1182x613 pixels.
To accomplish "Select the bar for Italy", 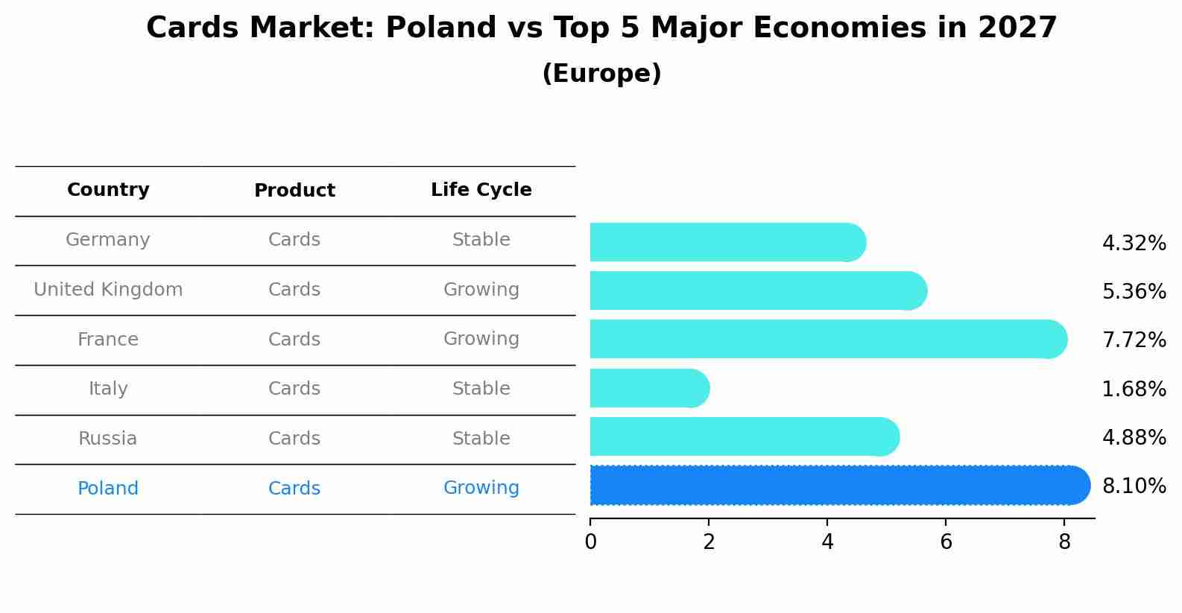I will click(648, 388).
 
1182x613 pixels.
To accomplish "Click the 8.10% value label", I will click(1134, 486).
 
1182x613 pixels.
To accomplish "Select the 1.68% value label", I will click(1134, 389).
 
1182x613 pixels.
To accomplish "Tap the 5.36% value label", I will click(1134, 291).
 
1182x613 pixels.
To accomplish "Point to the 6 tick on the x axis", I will click(946, 542).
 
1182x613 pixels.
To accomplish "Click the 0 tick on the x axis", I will click(591, 542).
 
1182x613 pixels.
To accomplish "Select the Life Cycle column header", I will click(481, 190).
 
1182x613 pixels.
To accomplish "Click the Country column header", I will click(108, 190).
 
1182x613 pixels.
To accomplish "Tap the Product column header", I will click(294, 191).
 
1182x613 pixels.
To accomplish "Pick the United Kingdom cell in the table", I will click(108, 290).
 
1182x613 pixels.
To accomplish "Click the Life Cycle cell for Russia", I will click(481, 439).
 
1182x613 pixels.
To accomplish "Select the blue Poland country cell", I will click(108, 489).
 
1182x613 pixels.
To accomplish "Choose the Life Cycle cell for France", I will click(481, 339).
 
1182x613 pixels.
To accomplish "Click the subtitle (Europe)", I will click(601, 74).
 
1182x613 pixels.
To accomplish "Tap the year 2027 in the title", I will click(1017, 28).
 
